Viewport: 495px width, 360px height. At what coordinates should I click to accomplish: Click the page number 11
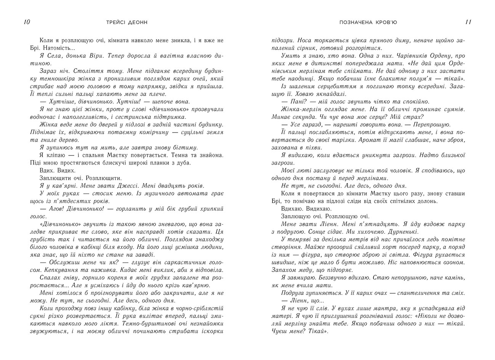(468, 22)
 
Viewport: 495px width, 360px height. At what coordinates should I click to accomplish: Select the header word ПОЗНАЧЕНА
(354, 23)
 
